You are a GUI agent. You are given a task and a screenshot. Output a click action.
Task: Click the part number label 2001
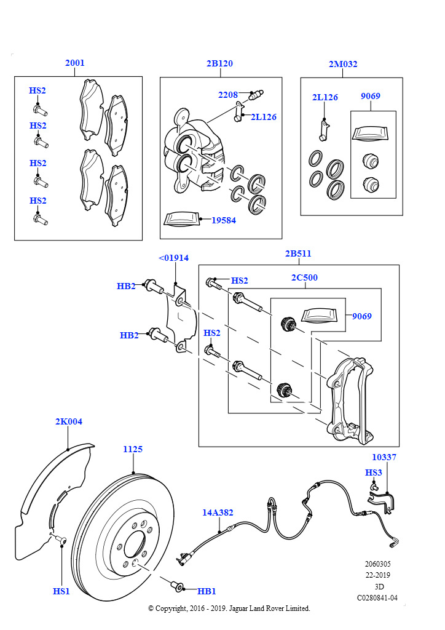point(74,63)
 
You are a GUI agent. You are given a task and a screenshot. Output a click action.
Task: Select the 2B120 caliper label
point(219,63)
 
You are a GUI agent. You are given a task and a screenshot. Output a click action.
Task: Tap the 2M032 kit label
point(343,64)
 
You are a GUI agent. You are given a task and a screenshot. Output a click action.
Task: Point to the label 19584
point(224,220)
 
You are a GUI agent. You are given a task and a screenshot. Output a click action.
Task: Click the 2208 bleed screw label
point(228,95)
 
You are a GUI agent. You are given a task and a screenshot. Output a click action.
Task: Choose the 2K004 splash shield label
point(69,421)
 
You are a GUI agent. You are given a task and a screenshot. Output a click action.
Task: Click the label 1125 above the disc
point(132,449)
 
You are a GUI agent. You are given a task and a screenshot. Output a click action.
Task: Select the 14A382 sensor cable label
point(218,512)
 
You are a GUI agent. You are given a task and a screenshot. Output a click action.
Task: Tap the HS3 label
point(373,472)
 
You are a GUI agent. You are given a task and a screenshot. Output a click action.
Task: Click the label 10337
point(384,457)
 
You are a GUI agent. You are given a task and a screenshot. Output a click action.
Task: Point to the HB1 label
point(207,591)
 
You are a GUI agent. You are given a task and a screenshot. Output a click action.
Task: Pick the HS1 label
point(61,591)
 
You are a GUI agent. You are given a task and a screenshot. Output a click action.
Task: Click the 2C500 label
point(304,277)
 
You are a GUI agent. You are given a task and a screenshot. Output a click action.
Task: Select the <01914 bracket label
point(173,258)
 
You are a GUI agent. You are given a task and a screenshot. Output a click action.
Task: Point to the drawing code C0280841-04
point(377,598)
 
